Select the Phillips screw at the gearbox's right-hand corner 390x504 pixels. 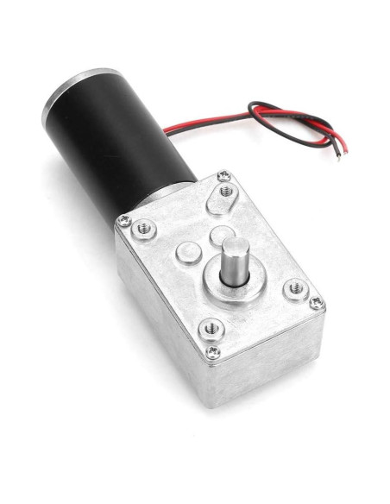coord(317,303)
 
